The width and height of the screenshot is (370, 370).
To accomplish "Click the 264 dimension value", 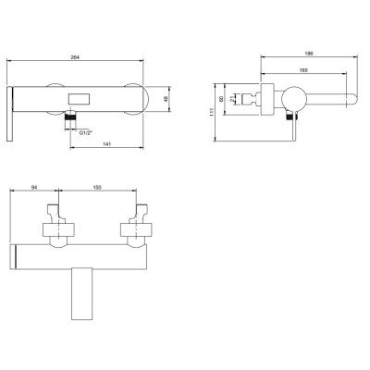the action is [75, 57].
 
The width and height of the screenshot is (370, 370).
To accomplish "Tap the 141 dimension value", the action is [106, 144].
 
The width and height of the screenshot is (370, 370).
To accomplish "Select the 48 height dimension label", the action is [165, 99].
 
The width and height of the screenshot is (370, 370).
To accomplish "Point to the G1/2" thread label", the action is [86, 133].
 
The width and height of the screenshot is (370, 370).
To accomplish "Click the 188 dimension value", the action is [309, 54].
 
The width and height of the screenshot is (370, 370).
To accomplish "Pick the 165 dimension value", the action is [303, 70].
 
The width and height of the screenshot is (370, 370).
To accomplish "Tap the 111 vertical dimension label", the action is [211, 112].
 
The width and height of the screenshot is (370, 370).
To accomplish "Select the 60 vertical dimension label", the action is [221, 99].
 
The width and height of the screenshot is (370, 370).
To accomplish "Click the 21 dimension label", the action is [232, 99].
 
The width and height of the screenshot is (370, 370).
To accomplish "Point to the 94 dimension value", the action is [34, 187].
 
